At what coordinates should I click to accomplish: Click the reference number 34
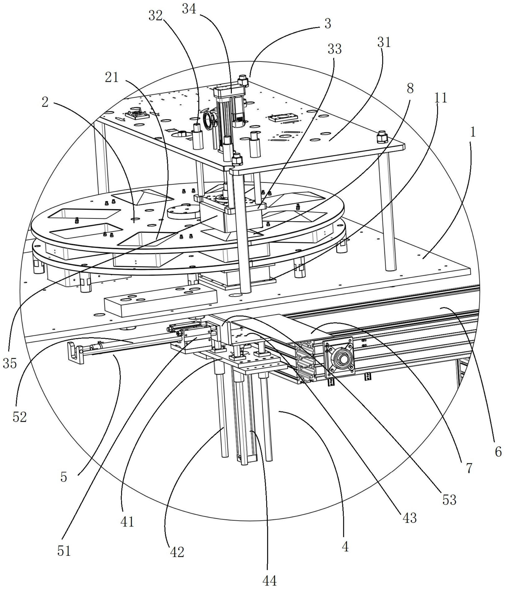click(189, 10)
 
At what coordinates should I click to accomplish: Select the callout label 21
click(112, 77)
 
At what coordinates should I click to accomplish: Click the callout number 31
click(384, 43)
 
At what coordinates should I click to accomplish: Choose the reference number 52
click(20, 417)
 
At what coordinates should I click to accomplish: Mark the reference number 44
click(269, 580)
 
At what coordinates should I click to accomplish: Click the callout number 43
click(409, 518)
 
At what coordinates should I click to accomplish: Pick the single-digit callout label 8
click(410, 89)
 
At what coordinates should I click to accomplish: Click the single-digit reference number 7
click(469, 468)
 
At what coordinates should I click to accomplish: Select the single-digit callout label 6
click(498, 452)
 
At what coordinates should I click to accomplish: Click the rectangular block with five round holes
click(161, 302)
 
